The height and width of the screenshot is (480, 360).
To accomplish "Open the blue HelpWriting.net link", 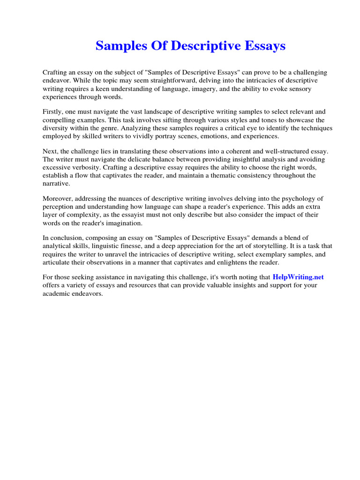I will (298, 277).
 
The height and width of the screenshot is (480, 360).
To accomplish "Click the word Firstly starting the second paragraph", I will (53, 112).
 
